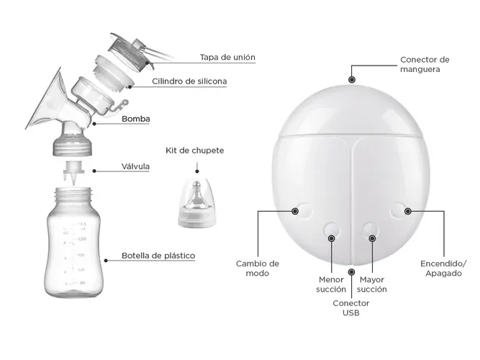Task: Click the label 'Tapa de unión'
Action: [x=227, y=58]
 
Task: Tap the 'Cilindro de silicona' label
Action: [x=189, y=81]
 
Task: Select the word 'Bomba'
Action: [x=136, y=119]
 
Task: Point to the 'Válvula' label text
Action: [x=135, y=166]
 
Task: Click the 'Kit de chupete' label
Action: [x=195, y=150]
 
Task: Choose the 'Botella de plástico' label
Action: [x=158, y=256]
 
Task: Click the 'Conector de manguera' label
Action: [x=425, y=64]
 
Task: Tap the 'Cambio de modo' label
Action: [x=258, y=269]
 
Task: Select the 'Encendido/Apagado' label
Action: [x=443, y=269]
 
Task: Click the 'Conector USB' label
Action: [x=350, y=308]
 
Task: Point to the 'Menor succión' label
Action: [x=331, y=284]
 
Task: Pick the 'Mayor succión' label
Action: [x=371, y=284]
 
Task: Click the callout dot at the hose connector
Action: [x=352, y=80]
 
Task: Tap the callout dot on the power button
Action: [x=408, y=211]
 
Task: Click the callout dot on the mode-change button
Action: [x=295, y=211]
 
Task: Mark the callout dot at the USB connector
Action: [x=352, y=271]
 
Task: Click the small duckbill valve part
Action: [x=73, y=172]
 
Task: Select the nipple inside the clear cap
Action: [x=196, y=195]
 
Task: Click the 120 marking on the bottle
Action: [x=82, y=238]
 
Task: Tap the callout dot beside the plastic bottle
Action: [x=106, y=261]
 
